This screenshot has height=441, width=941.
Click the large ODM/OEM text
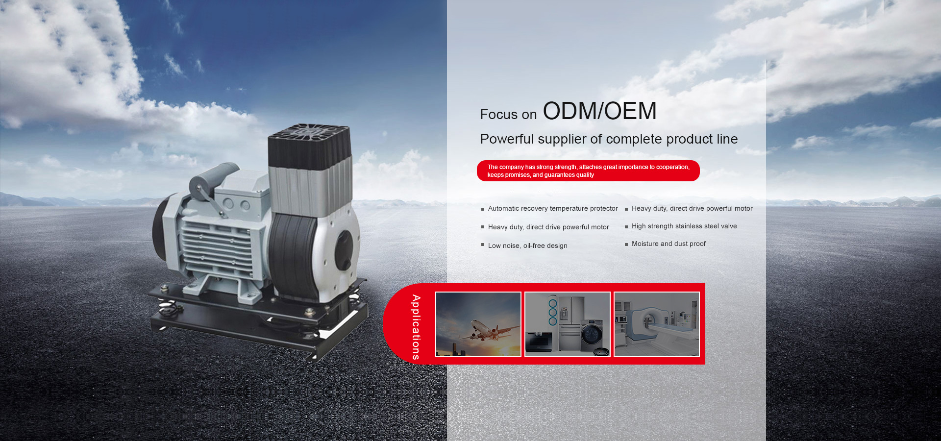599,111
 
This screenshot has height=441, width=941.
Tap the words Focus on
508,115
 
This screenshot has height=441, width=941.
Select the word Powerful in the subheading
507,139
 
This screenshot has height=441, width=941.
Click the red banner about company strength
588,171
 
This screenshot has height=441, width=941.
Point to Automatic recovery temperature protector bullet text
553,209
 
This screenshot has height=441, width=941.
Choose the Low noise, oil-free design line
527,245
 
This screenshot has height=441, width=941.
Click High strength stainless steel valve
684,226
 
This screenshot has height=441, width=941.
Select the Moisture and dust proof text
669,244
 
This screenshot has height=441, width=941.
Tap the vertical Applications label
416,327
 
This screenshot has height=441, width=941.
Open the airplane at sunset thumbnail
478,324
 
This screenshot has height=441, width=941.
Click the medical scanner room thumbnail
657,324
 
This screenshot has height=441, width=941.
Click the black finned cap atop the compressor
310,146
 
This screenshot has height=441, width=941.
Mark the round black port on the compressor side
344,250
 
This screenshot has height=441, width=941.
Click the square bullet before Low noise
483,245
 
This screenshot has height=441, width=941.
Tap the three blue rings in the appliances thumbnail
553,312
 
